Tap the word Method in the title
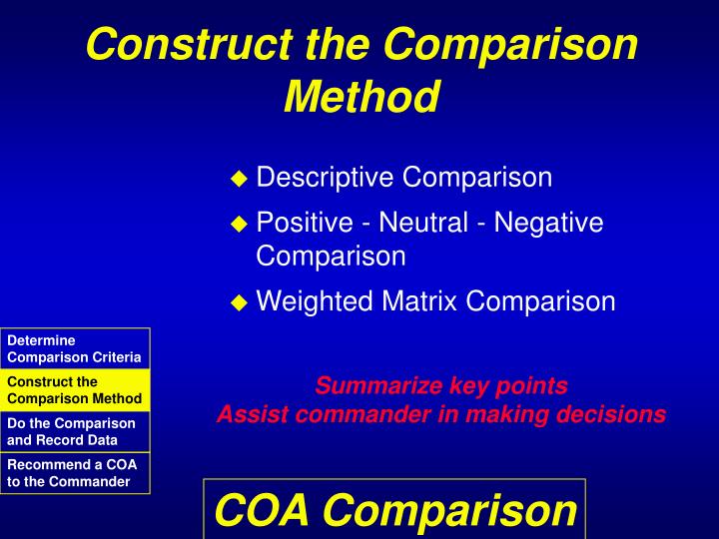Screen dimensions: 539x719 click(x=361, y=97)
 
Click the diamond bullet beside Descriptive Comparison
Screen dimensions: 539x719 click(x=238, y=179)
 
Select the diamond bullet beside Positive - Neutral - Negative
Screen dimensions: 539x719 click(x=238, y=225)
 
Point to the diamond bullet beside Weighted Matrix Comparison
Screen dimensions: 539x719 click(x=238, y=302)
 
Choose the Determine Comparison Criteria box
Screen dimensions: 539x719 click(x=75, y=348)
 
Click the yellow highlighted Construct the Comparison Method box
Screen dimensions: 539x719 click(x=75, y=390)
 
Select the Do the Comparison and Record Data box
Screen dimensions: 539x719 click(x=75, y=431)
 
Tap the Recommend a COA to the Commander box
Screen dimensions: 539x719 click(x=75, y=473)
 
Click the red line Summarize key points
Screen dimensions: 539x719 click(x=441, y=386)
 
